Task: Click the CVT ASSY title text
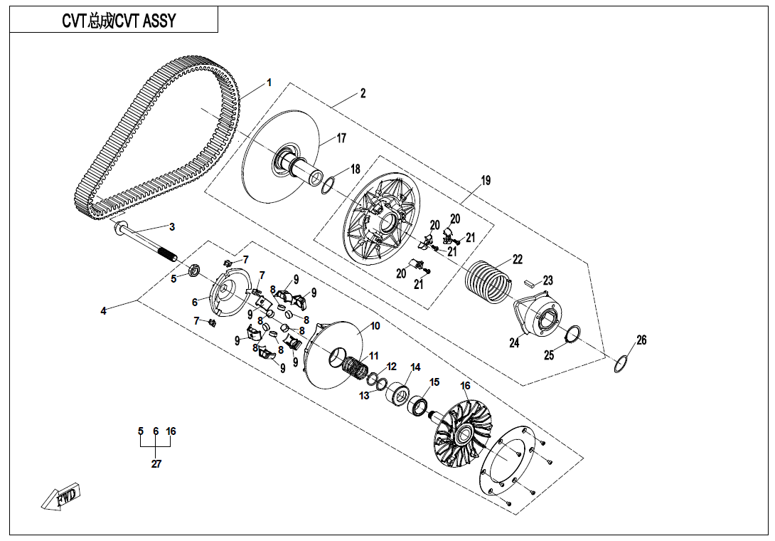(114, 21)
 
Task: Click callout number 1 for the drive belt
(269, 83)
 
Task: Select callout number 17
(341, 138)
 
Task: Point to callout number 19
(486, 181)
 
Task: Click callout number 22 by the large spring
(518, 259)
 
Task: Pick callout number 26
(641, 340)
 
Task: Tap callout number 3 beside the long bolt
(171, 227)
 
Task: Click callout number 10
(375, 326)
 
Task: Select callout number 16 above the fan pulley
(466, 387)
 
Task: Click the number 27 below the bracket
(156, 464)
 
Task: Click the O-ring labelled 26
(621, 363)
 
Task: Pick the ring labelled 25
(572, 332)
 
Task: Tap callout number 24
(513, 343)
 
